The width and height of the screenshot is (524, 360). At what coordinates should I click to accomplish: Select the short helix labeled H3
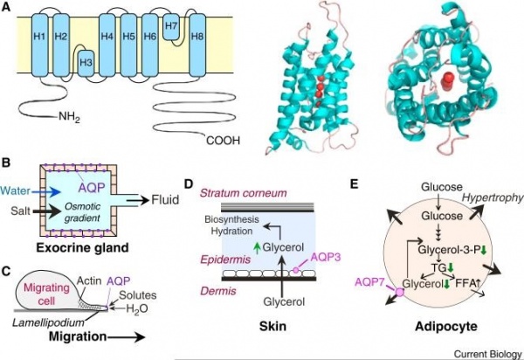tap(86, 63)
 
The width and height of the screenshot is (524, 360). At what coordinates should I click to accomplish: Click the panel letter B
tap(8, 163)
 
